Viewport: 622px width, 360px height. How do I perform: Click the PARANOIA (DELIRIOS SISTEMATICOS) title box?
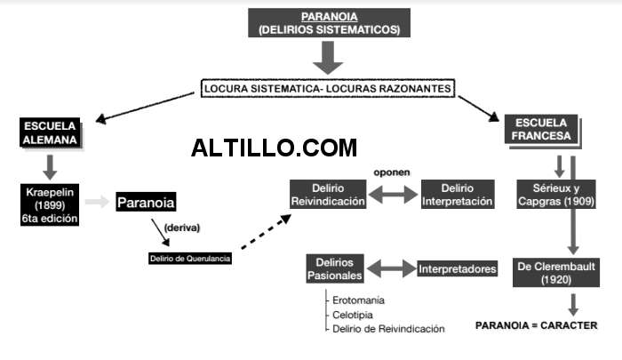coord(329,23)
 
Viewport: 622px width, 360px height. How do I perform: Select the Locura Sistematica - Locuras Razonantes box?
coord(329,89)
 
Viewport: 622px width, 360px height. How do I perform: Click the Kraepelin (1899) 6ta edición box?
coord(51,204)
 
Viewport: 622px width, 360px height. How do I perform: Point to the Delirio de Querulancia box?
coord(190,259)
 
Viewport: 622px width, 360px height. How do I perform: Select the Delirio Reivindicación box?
coord(328,195)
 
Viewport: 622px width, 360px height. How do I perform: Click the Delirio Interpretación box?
coord(457,195)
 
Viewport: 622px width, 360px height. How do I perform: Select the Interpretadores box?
coord(457,268)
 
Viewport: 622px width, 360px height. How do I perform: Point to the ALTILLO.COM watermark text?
coord(274,148)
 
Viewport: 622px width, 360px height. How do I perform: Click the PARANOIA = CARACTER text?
coord(537,324)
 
